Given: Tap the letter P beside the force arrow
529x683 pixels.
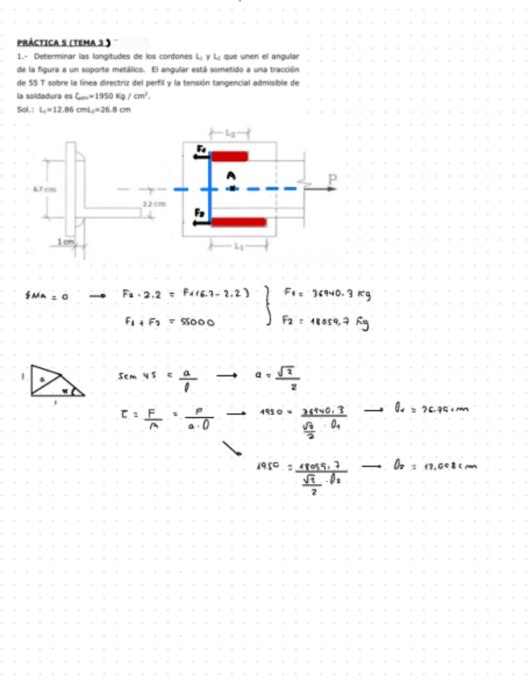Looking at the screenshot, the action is point(331,179).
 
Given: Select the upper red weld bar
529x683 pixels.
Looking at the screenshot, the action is point(230,156).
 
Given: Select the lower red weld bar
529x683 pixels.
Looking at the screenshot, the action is point(239,221).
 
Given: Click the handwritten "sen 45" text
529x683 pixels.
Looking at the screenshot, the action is point(135,376).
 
